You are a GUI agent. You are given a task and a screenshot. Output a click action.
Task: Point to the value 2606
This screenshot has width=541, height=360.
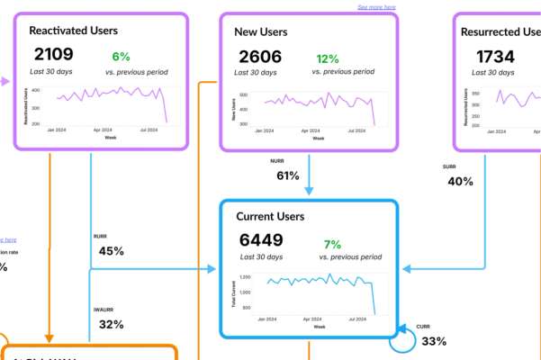tap(258, 57)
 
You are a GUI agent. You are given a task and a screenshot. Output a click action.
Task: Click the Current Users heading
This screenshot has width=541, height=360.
tap(283, 217)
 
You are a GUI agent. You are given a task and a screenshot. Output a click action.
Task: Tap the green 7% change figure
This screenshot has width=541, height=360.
tap(332, 243)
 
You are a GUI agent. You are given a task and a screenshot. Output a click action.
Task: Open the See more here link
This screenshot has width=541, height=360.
tap(376, 7)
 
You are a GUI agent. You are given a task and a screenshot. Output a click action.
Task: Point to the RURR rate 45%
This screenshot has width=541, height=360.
tap(111, 251)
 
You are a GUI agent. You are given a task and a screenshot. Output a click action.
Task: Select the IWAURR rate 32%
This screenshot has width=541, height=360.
tap(111, 324)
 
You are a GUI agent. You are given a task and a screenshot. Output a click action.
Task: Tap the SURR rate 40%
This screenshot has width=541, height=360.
tap(460, 181)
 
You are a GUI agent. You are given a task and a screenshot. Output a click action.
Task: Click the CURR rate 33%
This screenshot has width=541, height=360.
tap(434, 341)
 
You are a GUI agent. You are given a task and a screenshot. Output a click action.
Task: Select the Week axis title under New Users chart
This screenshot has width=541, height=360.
tap(317, 139)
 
